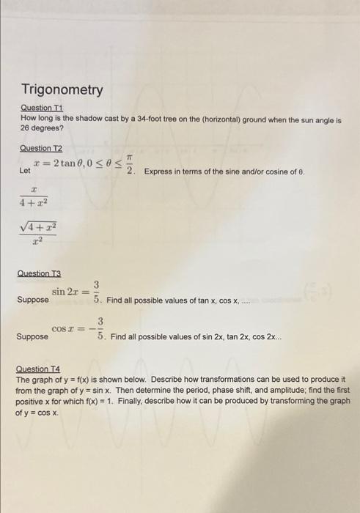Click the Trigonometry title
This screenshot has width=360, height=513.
tap(62, 90)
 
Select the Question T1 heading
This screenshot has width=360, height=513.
tap(40, 108)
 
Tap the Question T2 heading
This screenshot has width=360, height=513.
tap(40, 148)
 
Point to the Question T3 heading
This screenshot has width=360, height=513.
tap(41, 273)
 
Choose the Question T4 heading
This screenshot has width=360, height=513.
tap(41, 371)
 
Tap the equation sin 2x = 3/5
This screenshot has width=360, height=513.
tap(76, 292)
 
